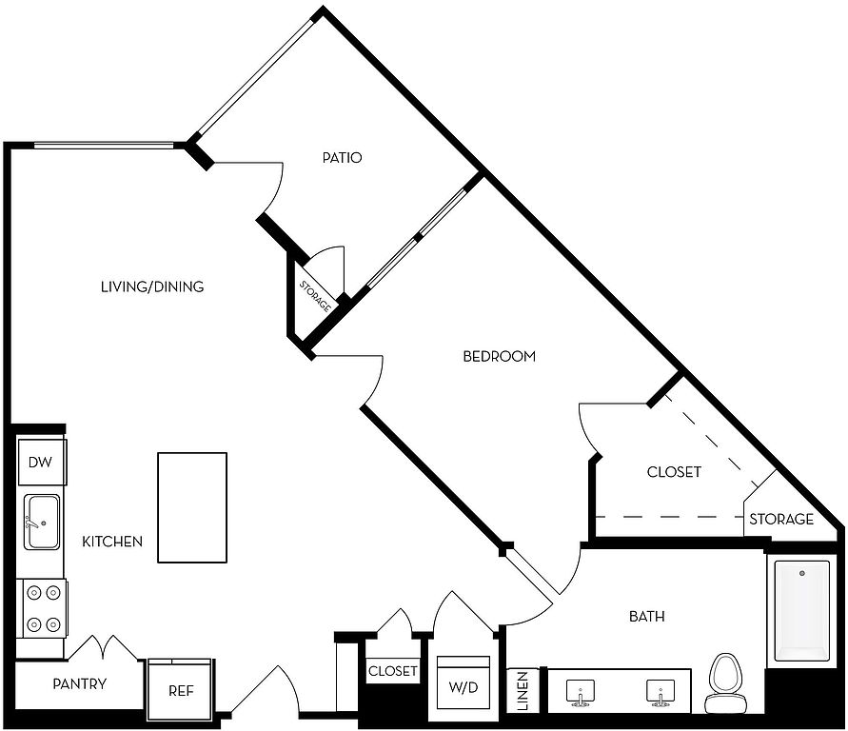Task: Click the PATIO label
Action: pos(342,158)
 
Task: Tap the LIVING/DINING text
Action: pos(152,286)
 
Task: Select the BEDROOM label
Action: pos(499,357)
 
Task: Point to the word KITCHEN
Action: pos(112,542)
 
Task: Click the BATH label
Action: pos(647,617)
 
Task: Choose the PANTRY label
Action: pos(80,684)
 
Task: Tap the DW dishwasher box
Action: pos(42,463)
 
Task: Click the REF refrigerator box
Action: pos(181,689)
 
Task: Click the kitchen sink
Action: pos(42,523)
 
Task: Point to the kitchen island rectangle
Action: pos(192,507)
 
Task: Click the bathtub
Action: pos(801,611)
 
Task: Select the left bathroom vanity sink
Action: pos(581,693)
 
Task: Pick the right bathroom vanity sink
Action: pos(661,693)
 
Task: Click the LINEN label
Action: pos(523,691)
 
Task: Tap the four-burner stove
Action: pos(42,609)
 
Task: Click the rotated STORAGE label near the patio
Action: pos(315,296)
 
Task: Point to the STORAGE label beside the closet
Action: pos(781,519)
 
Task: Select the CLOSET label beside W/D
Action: pos(393,672)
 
